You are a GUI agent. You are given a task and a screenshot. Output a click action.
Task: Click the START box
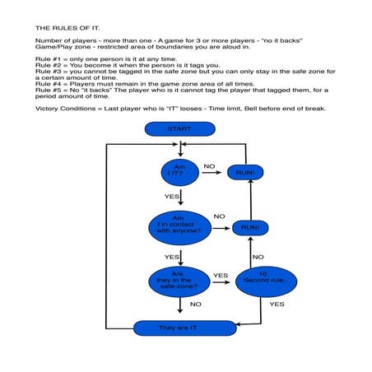pyautogui.click(x=179, y=129)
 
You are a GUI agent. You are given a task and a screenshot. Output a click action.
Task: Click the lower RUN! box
pyautogui.click(x=249, y=226)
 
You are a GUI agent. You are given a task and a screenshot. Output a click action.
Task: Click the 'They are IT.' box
pyautogui.click(x=179, y=328)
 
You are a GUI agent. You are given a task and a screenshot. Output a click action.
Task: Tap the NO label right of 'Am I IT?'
pyautogui.click(x=209, y=166)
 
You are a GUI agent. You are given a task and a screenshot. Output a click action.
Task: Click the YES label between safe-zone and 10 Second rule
pyautogui.click(x=221, y=276)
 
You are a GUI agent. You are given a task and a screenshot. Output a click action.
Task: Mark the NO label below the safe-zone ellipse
pyautogui.click(x=196, y=305)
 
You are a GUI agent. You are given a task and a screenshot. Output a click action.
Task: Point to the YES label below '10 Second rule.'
pyautogui.click(x=277, y=305)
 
